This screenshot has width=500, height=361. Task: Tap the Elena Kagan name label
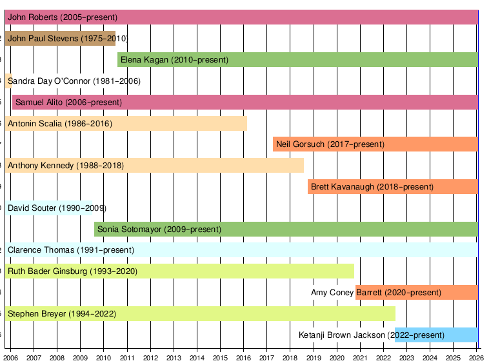(174, 60)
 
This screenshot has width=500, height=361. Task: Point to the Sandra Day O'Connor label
(74, 81)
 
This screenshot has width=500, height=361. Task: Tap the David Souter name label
(57, 208)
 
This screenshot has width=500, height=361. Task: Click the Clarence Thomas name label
(71, 250)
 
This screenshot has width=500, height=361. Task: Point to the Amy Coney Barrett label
(376, 293)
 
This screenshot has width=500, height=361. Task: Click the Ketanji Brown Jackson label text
(372, 335)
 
